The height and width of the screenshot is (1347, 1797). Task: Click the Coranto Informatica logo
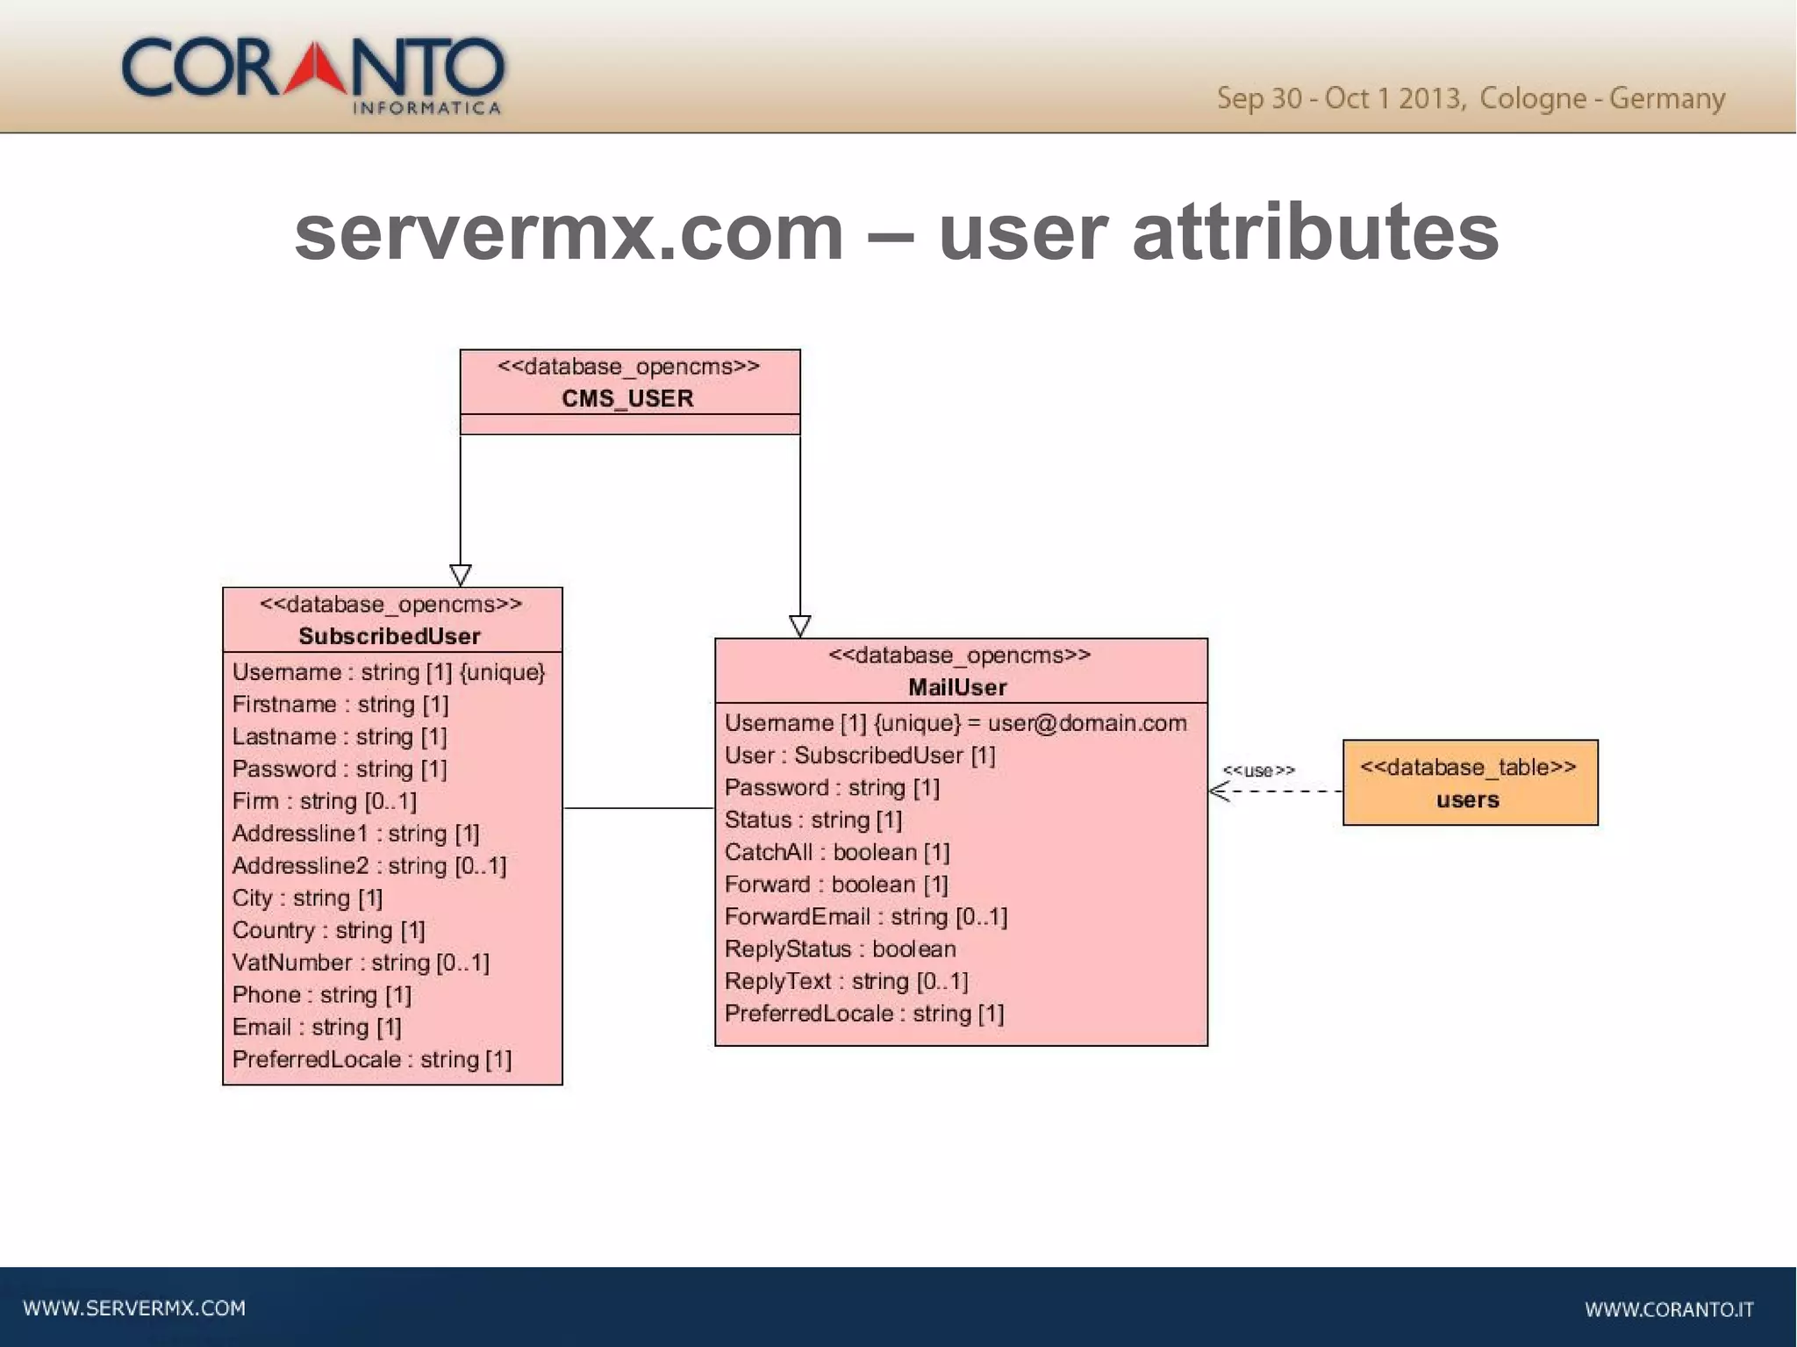coord(313,74)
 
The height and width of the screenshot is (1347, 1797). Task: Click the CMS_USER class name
coord(627,398)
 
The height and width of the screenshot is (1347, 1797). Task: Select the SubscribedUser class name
coord(390,636)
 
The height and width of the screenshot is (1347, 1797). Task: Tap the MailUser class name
coord(957,687)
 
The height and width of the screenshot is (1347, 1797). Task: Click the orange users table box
coord(1470,783)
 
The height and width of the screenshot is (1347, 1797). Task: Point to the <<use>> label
coord(1258,770)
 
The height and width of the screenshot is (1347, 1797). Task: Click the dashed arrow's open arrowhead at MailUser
coord(1216,792)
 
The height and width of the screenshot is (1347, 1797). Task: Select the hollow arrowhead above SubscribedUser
coord(461,576)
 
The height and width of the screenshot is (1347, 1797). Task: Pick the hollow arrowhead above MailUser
coord(800,627)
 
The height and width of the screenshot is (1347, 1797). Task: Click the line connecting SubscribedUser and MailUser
coord(638,808)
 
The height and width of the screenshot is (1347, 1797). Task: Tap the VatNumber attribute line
coord(361,963)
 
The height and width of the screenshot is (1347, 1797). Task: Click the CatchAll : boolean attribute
coord(837,852)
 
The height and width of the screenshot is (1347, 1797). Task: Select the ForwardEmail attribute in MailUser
coord(865,917)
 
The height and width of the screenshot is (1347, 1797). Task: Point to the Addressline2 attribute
coord(369,866)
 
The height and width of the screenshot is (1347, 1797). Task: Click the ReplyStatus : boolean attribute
coord(840,949)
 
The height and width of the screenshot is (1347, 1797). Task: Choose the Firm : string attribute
coord(324,801)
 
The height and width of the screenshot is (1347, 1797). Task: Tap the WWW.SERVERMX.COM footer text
coord(134,1308)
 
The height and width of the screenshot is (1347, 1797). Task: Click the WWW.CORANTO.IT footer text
coord(1669,1310)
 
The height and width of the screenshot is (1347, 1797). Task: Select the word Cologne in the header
coord(1532,98)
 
